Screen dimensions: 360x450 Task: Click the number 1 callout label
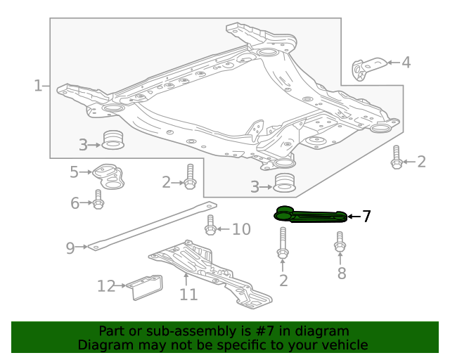click(x=37, y=86)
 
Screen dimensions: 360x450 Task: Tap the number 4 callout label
click(x=406, y=63)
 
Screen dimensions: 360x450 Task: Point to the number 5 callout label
click(x=74, y=172)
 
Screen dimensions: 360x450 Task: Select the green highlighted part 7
click(x=310, y=216)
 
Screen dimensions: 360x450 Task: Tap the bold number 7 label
click(x=366, y=217)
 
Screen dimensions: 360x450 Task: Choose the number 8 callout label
click(x=342, y=274)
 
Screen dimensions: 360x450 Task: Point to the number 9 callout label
click(x=70, y=247)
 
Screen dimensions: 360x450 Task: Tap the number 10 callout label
click(x=241, y=229)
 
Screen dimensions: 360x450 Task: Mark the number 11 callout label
click(x=188, y=294)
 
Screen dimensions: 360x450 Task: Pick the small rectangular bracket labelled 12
click(x=146, y=286)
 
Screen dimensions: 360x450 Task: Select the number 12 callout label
click(x=106, y=286)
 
